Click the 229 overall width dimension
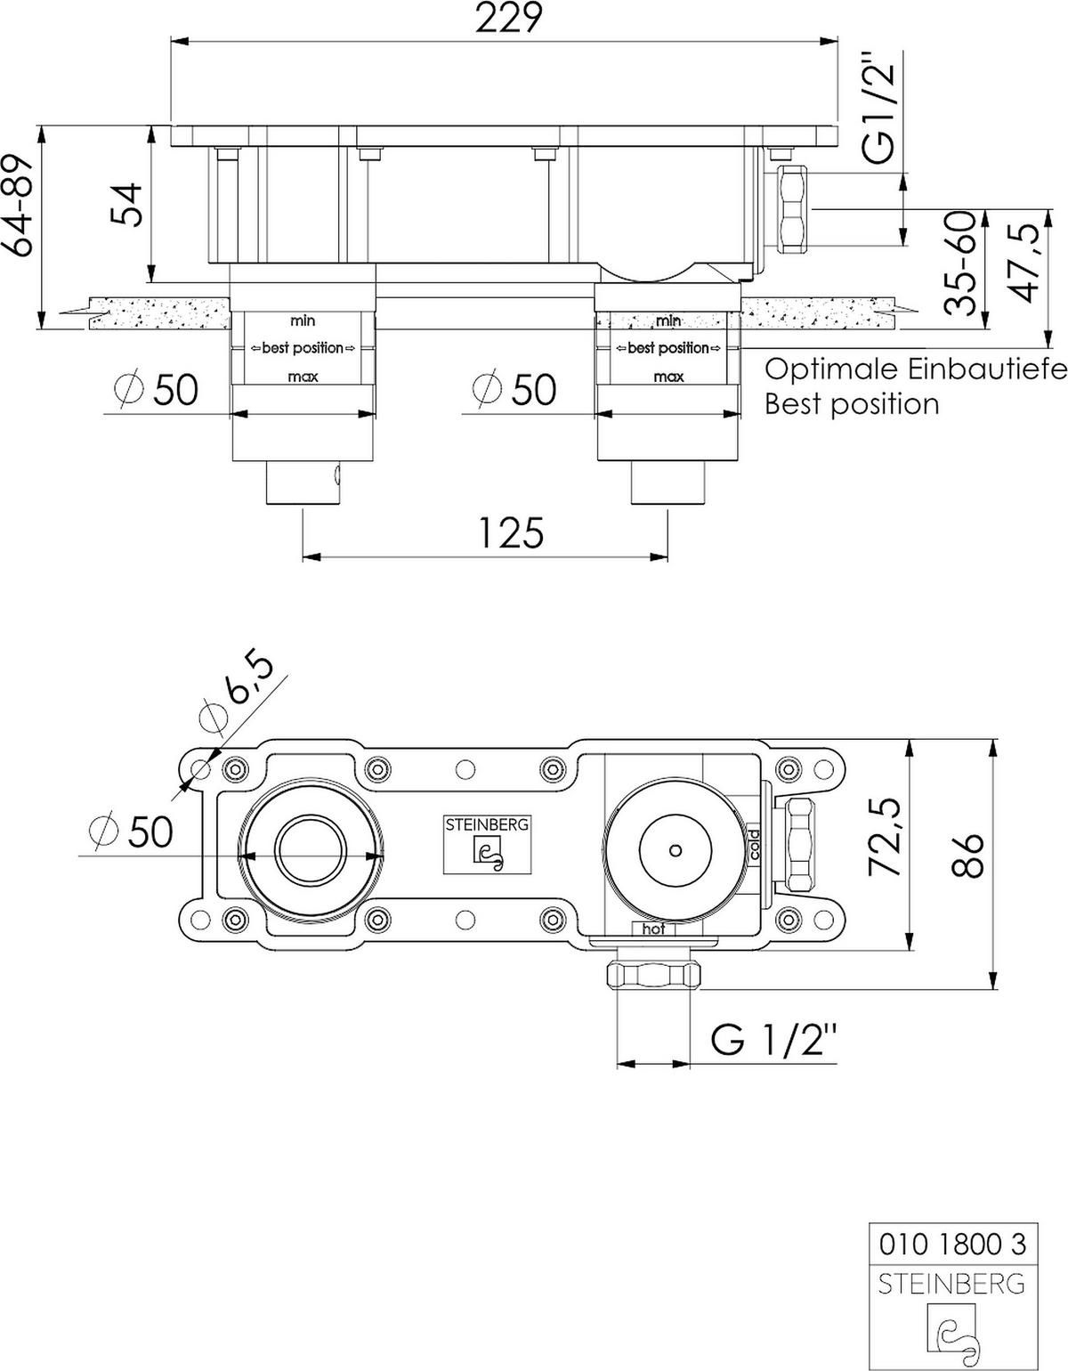[508, 19]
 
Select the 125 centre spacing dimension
[510, 533]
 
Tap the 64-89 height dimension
[20, 205]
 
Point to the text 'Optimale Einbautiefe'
[916, 369]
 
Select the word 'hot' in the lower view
[653, 929]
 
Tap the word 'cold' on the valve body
[754, 843]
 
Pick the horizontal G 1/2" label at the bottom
[774, 1039]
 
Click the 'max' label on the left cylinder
[303, 377]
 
